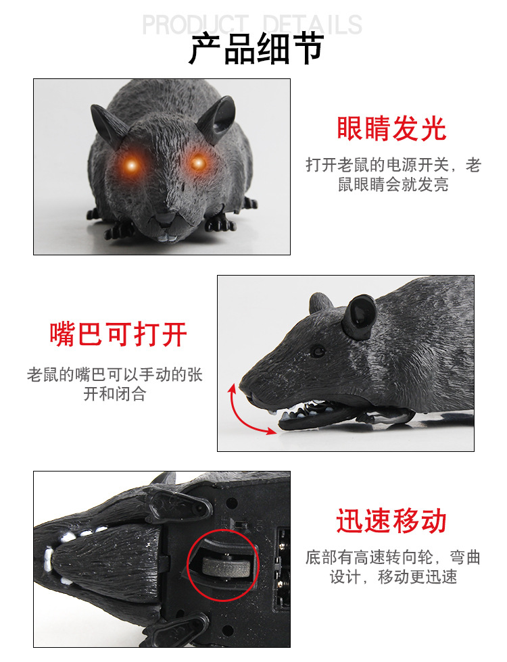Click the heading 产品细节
point(256,49)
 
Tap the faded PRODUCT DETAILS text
point(252,24)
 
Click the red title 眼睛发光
point(391,128)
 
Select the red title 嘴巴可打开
point(118,334)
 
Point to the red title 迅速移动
point(391,521)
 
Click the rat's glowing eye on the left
point(132,165)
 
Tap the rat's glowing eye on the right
point(197,163)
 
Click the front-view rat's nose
point(165,217)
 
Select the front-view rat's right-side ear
point(218,118)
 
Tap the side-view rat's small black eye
point(317,351)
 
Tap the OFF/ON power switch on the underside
point(241,525)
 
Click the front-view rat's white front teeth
point(166,238)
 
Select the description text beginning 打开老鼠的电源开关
point(393,174)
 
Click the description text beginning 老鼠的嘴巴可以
point(115,384)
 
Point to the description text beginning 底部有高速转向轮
point(393,567)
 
